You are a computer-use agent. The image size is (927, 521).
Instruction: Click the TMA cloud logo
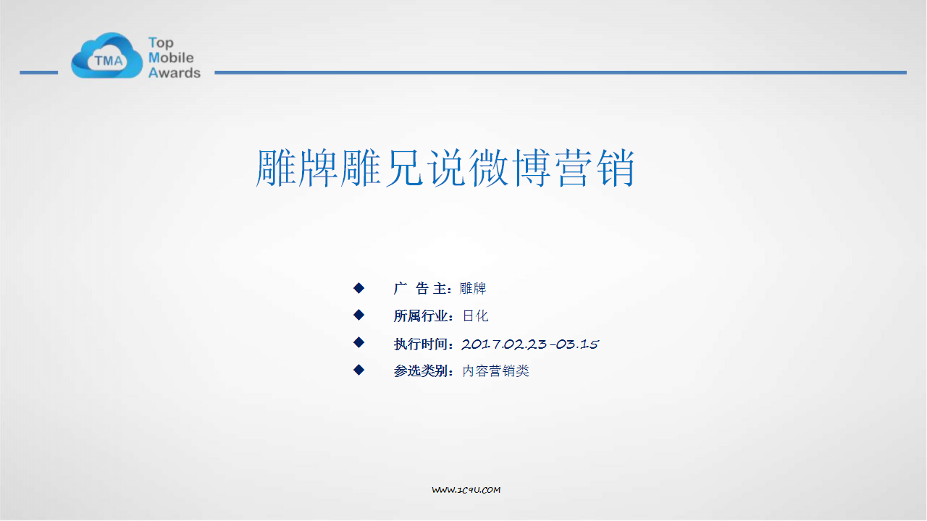click(x=106, y=56)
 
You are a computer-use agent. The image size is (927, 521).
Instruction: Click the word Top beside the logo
click(x=161, y=43)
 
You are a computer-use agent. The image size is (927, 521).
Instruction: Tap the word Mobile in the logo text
click(x=171, y=57)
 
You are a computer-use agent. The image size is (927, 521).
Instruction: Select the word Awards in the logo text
click(x=175, y=73)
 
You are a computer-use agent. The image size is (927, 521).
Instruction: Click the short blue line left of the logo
click(x=39, y=73)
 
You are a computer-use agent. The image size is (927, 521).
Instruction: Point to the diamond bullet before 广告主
click(x=358, y=288)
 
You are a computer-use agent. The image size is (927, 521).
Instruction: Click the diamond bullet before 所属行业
click(x=358, y=315)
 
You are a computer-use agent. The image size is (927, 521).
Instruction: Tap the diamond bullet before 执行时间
click(x=358, y=342)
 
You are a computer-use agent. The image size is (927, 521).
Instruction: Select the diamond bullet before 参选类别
click(x=358, y=370)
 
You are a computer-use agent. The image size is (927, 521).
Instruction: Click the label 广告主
click(x=419, y=288)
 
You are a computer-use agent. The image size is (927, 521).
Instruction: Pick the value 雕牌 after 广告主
click(x=473, y=288)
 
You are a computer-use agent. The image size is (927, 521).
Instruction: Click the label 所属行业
click(x=421, y=316)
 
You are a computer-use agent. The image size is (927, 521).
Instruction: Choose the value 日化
click(x=475, y=316)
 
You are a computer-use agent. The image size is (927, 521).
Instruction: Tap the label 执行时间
click(x=421, y=344)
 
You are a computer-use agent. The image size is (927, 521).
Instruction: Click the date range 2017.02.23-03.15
click(x=530, y=344)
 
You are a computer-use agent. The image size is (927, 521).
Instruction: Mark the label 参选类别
click(x=421, y=371)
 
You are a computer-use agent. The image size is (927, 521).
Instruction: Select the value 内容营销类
click(x=495, y=371)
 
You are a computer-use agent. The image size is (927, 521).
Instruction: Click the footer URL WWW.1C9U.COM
click(x=466, y=490)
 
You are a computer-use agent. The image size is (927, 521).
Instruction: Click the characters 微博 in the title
click(x=510, y=168)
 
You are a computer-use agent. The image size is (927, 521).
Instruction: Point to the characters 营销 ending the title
click(x=595, y=168)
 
